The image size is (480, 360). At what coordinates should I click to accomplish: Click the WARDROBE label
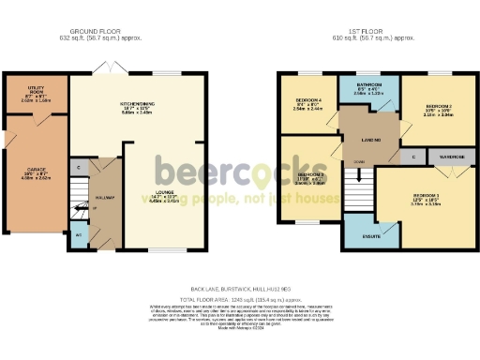[x=451, y=157]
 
